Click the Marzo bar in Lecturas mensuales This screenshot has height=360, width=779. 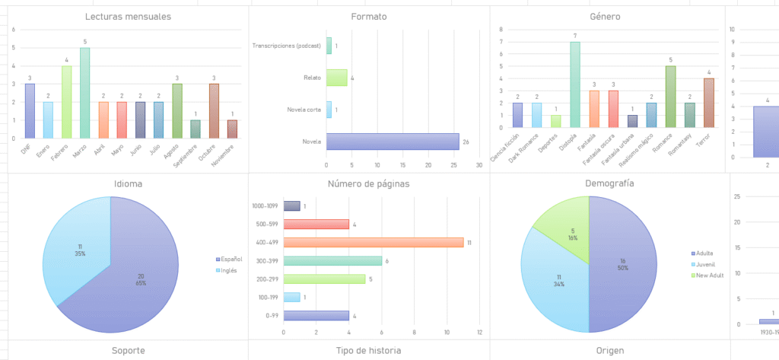click(x=84, y=93)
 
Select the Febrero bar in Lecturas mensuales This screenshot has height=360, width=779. click(x=67, y=102)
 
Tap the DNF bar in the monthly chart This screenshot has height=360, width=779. click(x=30, y=111)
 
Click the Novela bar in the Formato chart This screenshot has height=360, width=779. click(x=393, y=142)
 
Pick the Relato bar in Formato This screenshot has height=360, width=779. click(x=336, y=78)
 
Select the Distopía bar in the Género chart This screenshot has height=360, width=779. click(x=575, y=84)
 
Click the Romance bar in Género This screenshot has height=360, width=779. click(x=670, y=97)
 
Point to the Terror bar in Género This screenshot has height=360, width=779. click(x=708, y=103)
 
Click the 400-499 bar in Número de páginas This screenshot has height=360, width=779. click(x=374, y=242)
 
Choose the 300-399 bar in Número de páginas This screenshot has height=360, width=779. click(x=332, y=260)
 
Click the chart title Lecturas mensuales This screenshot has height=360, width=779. click(x=129, y=17)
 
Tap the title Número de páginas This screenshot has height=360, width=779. click(x=368, y=183)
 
